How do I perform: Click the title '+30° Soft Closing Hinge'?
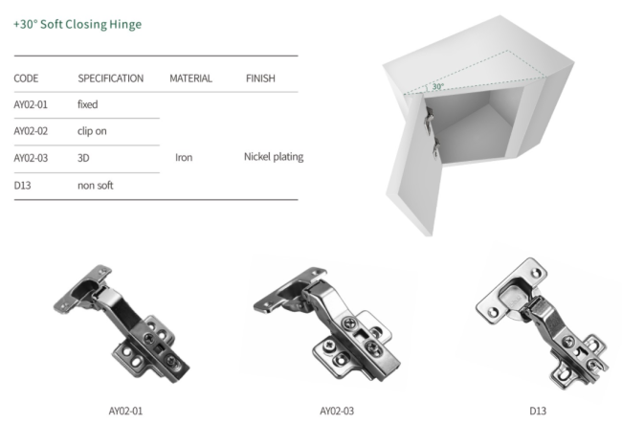point(78,24)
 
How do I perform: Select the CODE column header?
point(26,78)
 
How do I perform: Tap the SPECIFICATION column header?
point(111,78)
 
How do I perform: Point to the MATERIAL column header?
point(190,78)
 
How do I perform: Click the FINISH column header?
point(260,78)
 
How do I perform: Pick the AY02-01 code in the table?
point(31,104)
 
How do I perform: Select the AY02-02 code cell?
point(31,131)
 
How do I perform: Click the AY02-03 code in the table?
point(31,158)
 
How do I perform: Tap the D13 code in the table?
point(22,186)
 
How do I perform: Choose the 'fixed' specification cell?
point(88,104)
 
